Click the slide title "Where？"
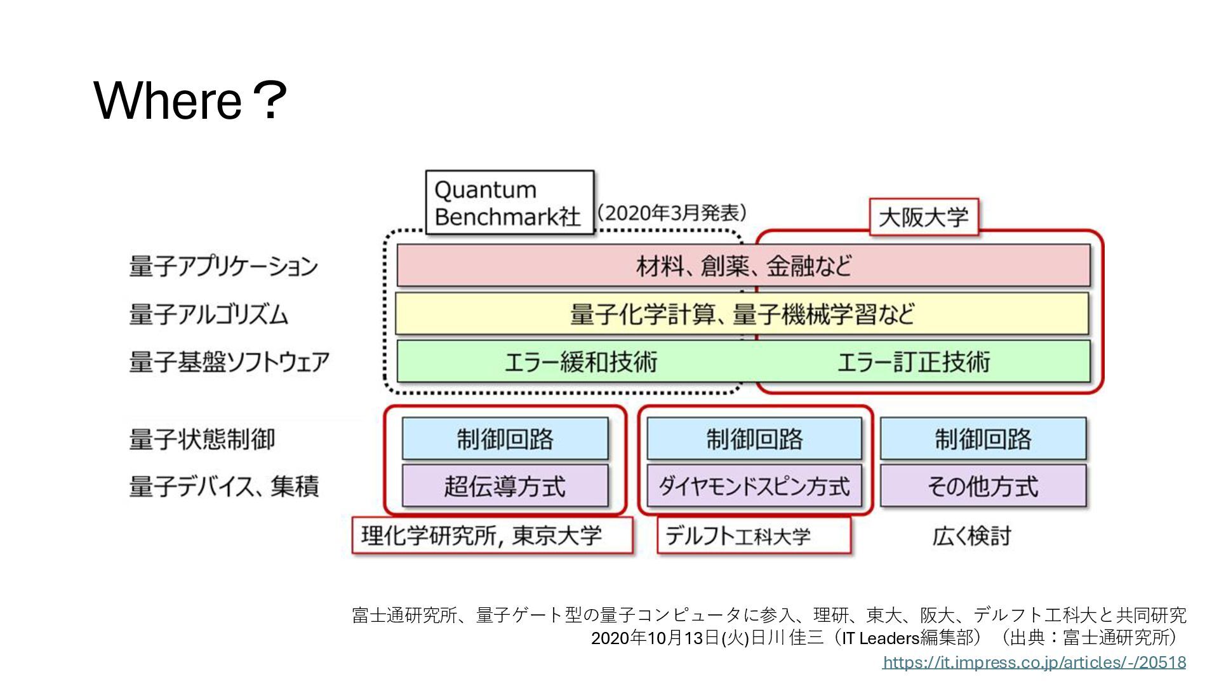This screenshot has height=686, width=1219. (190, 100)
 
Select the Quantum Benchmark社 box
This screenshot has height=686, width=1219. (509, 203)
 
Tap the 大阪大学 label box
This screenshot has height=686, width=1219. (923, 217)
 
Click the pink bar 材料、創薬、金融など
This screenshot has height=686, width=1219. (743, 266)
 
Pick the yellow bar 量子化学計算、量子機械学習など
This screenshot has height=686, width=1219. (742, 314)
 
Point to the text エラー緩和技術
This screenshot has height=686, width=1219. (580, 362)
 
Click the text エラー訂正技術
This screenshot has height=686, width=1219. (913, 362)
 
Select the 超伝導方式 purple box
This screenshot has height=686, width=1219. (505, 486)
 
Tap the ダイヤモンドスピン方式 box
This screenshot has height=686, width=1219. (754, 486)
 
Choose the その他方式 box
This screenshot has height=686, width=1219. (983, 486)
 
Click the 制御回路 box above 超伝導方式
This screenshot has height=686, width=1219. (505, 438)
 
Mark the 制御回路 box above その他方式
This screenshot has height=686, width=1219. (983, 438)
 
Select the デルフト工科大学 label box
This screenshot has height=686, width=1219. (754, 536)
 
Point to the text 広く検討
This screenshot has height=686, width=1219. (971, 536)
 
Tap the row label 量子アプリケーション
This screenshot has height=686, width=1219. (223, 266)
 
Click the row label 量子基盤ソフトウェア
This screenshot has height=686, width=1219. (229, 362)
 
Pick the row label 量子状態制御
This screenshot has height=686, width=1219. (202, 439)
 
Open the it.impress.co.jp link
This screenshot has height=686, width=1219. (1034, 662)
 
